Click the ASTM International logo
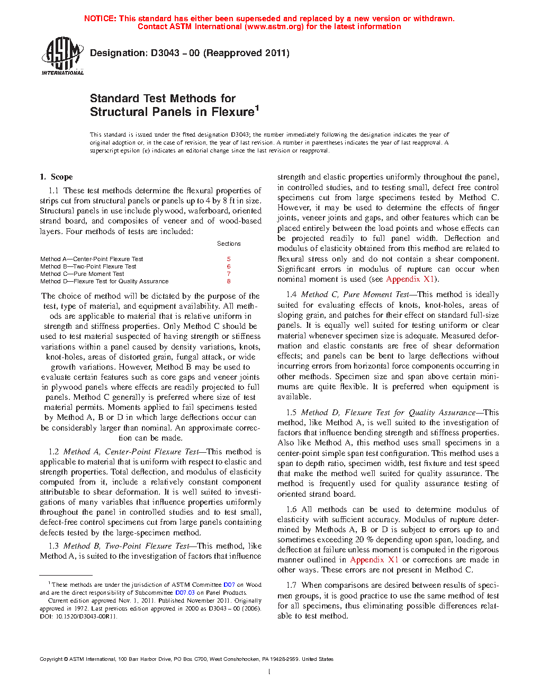(x=62, y=56)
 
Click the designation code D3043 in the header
(x=165, y=53)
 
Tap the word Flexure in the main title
(x=232, y=112)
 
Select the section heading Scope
(x=61, y=177)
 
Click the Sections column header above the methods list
(x=229, y=244)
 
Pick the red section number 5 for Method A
(x=229, y=259)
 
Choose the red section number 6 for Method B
(x=229, y=266)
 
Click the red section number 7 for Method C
(x=229, y=274)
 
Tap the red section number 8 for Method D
(x=229, y=281)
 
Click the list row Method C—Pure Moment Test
(x=82, y=274)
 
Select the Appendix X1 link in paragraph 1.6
(x=374, y=560)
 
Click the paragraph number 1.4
(x=291, y=294)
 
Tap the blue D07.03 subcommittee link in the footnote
(x=185, y=593)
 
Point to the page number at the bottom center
(x=269, y=671)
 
